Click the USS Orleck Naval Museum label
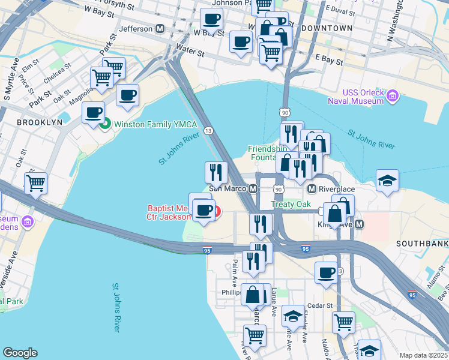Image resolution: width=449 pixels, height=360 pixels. click(x=355, y=97)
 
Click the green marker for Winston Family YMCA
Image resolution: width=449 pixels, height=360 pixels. click(x=105, y=125)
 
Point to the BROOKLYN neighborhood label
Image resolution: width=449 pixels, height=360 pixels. click(x=40, y=122)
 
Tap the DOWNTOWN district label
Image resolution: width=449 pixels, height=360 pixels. click(x=328, y=28)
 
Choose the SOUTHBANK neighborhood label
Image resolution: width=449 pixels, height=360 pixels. click(x=422, y=244)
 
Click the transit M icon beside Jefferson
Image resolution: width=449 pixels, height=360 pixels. click(x=160, y=28)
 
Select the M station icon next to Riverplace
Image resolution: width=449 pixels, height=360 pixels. click(x=312, y=189)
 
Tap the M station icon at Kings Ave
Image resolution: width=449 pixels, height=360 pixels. click(x=359, y=224)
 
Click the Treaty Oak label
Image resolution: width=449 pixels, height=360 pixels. click(x=291, y=204)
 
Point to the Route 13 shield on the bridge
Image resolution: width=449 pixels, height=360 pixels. click(x=208, y=130)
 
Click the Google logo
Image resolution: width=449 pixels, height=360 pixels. click(x=20, y=353)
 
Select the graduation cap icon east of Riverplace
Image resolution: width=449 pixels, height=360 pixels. click(x=387, y=180)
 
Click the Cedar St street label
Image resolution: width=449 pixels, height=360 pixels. click(x=321, y=305)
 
